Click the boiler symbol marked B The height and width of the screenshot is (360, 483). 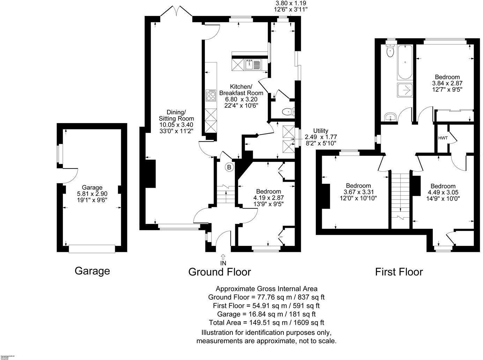[x=229, y=167]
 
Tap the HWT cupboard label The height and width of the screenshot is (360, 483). [x=443, y=138]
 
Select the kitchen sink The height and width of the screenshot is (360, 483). [x=253, y=65]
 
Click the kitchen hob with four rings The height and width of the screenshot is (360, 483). [x=211, y=95]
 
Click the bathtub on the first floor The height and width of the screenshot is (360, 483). [x=405, y=63]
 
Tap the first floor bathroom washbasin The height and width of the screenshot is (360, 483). [x=389, y=117]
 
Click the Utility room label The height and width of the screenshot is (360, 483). [x=320, y=131]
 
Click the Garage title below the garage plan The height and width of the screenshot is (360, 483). [x=92, y=271]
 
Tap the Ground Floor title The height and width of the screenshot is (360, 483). [x=220, y=272]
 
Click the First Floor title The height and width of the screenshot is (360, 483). [x=399, y=272]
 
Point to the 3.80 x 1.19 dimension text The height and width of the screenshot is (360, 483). [x=291, y=3]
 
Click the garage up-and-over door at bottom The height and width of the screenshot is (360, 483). [x=92, y=248]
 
